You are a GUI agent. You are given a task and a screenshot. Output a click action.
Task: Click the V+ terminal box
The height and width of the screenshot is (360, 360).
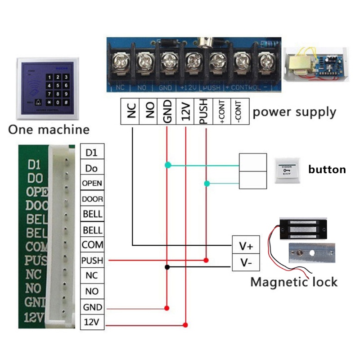[246, 246]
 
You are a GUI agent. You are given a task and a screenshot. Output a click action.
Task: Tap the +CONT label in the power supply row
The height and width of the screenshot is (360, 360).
[222, 111]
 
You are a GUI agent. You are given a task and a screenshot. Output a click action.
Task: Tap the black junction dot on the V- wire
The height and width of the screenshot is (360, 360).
[167, 267]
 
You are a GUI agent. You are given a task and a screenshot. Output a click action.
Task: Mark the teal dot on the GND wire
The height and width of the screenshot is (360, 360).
[167, 166]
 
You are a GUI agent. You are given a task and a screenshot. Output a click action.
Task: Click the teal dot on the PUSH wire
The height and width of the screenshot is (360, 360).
[207, 183]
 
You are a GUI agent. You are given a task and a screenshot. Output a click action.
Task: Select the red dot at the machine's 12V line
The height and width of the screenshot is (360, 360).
[186, 324]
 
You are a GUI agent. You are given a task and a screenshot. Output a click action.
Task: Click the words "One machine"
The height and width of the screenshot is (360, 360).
[49, 130]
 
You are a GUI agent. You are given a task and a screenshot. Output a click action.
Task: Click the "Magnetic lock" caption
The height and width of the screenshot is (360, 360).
[293, 282]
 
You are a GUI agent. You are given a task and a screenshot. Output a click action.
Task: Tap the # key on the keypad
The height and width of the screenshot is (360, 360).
[66, 103]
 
